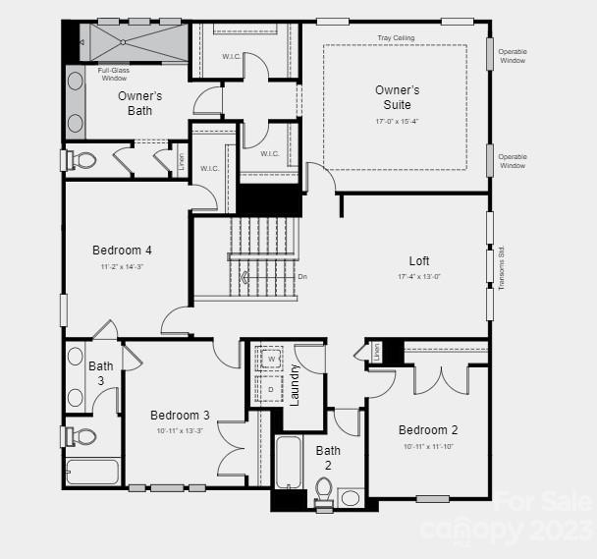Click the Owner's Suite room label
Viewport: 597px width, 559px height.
click(397, 97)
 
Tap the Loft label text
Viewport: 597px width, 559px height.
click(419, 261)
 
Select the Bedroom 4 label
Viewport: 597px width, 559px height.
click(122, 251)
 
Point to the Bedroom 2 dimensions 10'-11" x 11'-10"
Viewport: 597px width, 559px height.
click(427, 447)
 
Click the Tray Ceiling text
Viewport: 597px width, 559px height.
click(396, 38)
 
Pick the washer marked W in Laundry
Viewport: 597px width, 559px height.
click(272, 359)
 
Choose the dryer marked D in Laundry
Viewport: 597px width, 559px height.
click(272, 389)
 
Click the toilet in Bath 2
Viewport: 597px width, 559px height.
click(324, 491)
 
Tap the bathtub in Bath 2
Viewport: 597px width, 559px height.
click(289, 462)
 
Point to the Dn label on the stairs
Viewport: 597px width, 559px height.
click(302, 276)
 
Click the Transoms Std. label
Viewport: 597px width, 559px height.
click(502, 267)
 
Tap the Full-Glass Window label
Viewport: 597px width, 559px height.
click(114, 74)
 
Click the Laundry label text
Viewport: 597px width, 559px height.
click(294, 384)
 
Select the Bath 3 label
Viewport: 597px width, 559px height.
click(101, 372)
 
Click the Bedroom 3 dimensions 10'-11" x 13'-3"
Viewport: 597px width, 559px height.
click(180, 431)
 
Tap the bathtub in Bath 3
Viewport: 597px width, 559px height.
click(93, 472)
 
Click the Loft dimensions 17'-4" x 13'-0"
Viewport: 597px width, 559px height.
click(419, 277)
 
